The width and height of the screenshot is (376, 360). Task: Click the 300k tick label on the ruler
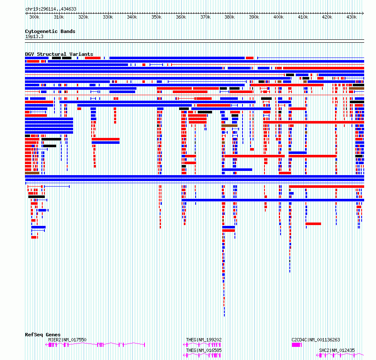point(34,17)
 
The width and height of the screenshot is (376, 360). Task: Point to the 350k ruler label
point(156,17)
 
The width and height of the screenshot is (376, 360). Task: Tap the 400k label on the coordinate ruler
point(278,17)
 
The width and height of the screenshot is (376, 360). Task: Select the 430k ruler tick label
point(351,17)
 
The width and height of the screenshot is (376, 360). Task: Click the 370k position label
point(205,17)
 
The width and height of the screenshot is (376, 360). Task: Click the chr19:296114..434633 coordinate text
point(51,9)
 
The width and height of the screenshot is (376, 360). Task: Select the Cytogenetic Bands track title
point(50,31)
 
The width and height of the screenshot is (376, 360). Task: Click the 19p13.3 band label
point(34,36)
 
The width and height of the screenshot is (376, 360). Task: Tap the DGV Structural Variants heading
point(59,54)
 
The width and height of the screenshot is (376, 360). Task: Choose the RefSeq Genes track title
point(43,335)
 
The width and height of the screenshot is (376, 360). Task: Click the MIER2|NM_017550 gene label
point(67,340)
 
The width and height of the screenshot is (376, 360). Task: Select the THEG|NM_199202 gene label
point(204,340)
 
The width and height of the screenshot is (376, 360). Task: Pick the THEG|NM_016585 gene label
point(204,350)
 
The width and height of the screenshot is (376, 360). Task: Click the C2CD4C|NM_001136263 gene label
point(316,340)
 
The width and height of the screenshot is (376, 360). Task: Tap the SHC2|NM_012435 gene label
point(337,350)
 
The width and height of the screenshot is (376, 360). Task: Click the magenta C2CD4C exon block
point(297,345)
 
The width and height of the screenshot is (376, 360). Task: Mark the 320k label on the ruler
point(83,17)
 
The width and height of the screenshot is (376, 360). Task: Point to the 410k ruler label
point(303,17)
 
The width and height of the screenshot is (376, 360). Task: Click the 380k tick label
point(229,17)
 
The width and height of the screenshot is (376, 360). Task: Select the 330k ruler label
point(108,17)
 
